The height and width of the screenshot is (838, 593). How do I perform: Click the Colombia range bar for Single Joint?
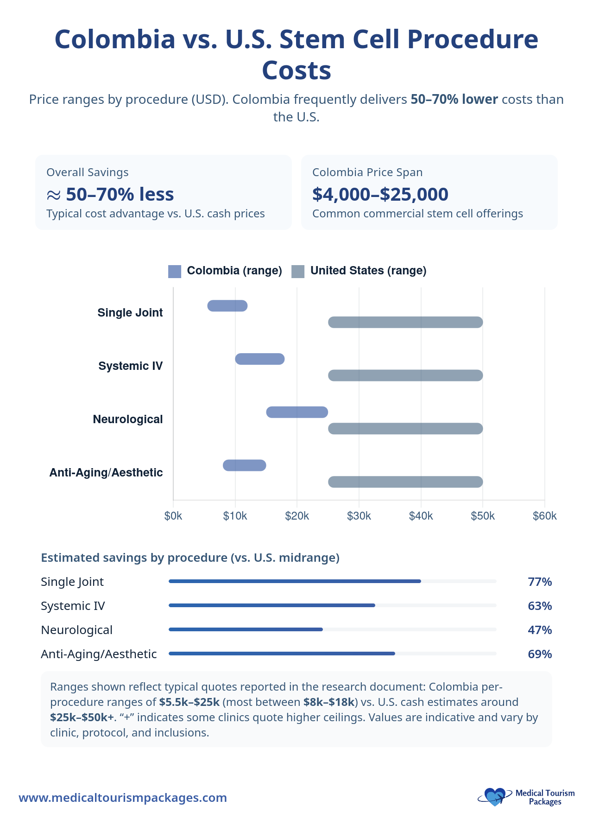[227, 306]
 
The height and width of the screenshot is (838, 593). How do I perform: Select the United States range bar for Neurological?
[405, 429]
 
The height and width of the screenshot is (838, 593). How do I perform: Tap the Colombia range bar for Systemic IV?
[259, 359]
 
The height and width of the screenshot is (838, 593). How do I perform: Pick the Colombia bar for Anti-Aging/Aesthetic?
[244, 465]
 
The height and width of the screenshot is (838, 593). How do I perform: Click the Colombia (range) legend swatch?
[175, 271]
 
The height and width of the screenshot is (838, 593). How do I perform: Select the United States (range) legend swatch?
[298, 271]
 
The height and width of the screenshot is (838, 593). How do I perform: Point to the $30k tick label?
[359, 516]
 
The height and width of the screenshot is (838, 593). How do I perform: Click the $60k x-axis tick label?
[544, 516]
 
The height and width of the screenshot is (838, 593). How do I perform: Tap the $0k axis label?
[173, 516]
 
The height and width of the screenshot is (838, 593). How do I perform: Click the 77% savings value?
[540, 582]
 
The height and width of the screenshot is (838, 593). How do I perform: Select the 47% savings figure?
[540, 630]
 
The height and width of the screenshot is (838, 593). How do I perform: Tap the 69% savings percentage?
[540, 654]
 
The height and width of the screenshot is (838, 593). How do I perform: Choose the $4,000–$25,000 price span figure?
[380, 194]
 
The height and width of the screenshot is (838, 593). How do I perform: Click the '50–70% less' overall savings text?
[120, 194]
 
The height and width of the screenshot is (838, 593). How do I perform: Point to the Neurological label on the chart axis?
[128, 419]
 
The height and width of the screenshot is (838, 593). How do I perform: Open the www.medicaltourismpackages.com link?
[123, 798]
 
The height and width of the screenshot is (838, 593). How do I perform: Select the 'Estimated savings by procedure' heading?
[190, 558]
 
